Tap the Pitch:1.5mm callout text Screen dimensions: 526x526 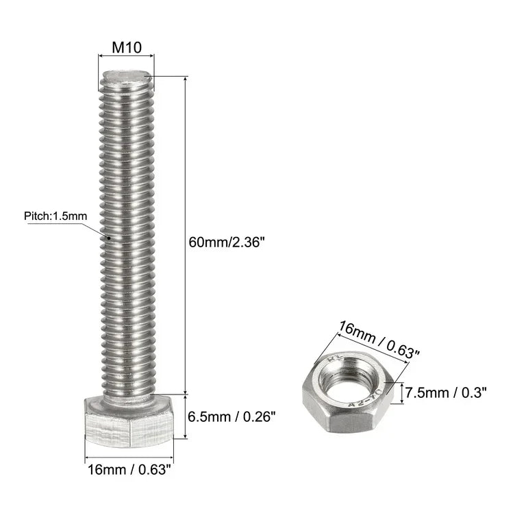(55, 216)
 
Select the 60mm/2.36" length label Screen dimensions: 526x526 (226, 241)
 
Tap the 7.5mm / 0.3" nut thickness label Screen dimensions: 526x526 (445, 392)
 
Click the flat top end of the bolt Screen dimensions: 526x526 (128, 73)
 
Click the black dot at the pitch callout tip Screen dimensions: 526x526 (109, 238)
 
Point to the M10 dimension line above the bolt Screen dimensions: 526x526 (123, 60)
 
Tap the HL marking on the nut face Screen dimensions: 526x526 (335, 358)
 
